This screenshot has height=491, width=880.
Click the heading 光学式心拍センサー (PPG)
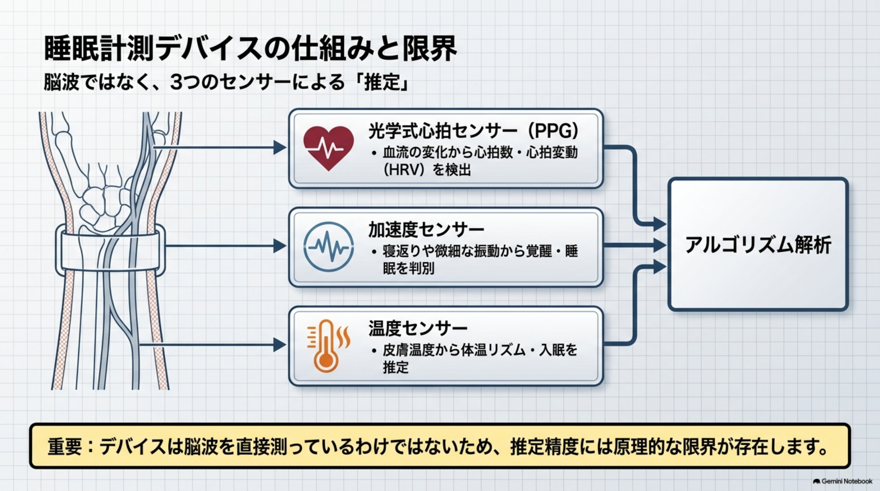click(x=474, y=131)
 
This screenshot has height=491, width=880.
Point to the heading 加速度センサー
click(x=426, y=230)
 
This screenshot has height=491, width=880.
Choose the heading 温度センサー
click(x=418, y=328)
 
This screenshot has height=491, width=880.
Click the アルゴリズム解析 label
click(x=758, y=245)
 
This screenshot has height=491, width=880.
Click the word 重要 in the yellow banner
click(x=65, y=446)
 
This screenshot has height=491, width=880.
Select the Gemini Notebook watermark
click(x=843, y=481)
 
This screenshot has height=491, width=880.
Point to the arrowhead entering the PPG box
click(x=280, y=148)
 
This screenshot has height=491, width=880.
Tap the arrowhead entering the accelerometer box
click(x=280, y=246)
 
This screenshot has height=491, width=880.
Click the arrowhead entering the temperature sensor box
click(x=280, y=345)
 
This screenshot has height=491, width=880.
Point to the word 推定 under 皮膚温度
click(x=396, y=367)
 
